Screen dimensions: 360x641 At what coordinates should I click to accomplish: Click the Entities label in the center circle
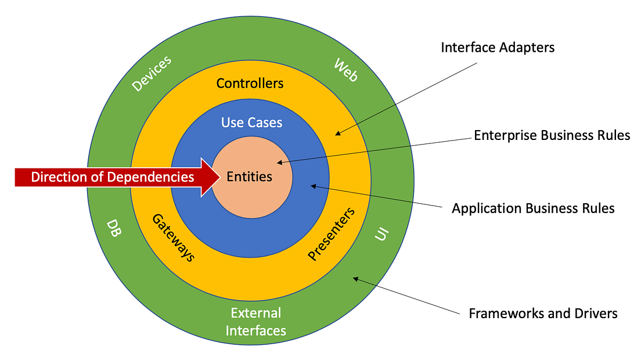tap(250, 177)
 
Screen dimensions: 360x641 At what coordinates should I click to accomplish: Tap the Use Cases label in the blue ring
tap(251, 123)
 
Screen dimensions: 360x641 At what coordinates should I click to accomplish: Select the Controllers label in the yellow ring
tap(250, 83)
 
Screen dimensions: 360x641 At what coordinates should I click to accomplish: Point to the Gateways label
tap(173, 238)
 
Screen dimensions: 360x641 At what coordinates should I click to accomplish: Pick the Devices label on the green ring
tap(152, 74)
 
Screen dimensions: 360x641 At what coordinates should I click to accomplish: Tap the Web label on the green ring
tap(345, 70)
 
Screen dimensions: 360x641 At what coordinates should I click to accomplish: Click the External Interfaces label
tap(255, 322)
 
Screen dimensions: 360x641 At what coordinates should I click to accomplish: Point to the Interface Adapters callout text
tap(498, 48)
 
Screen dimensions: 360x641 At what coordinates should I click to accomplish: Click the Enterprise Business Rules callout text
tap(552, 135)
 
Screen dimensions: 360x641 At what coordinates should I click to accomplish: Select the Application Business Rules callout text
tap(533, 208)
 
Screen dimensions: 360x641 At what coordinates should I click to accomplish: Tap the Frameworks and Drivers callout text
tap(543, 314)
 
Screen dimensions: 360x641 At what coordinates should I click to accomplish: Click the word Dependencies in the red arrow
tap(153, 177)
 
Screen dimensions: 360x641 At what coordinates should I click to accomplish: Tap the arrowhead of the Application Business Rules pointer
tap(312, 186)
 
